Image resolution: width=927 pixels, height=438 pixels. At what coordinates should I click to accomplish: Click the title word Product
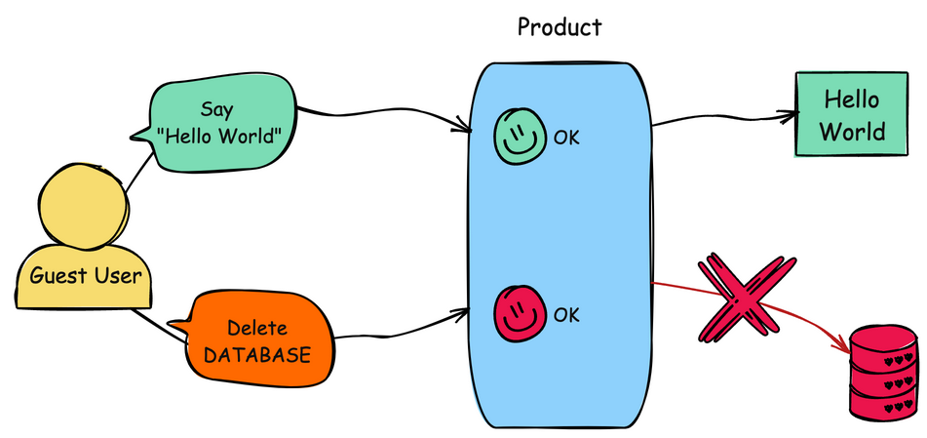coord(560,26)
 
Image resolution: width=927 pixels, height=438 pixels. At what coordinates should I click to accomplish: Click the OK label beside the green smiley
coord(566,138)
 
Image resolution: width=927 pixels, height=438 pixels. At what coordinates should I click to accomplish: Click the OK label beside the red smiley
coord(566,315)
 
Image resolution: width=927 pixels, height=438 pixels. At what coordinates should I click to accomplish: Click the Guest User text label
coord(85,275)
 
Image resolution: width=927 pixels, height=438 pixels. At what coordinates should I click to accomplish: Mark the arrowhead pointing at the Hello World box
coord(789,114)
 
